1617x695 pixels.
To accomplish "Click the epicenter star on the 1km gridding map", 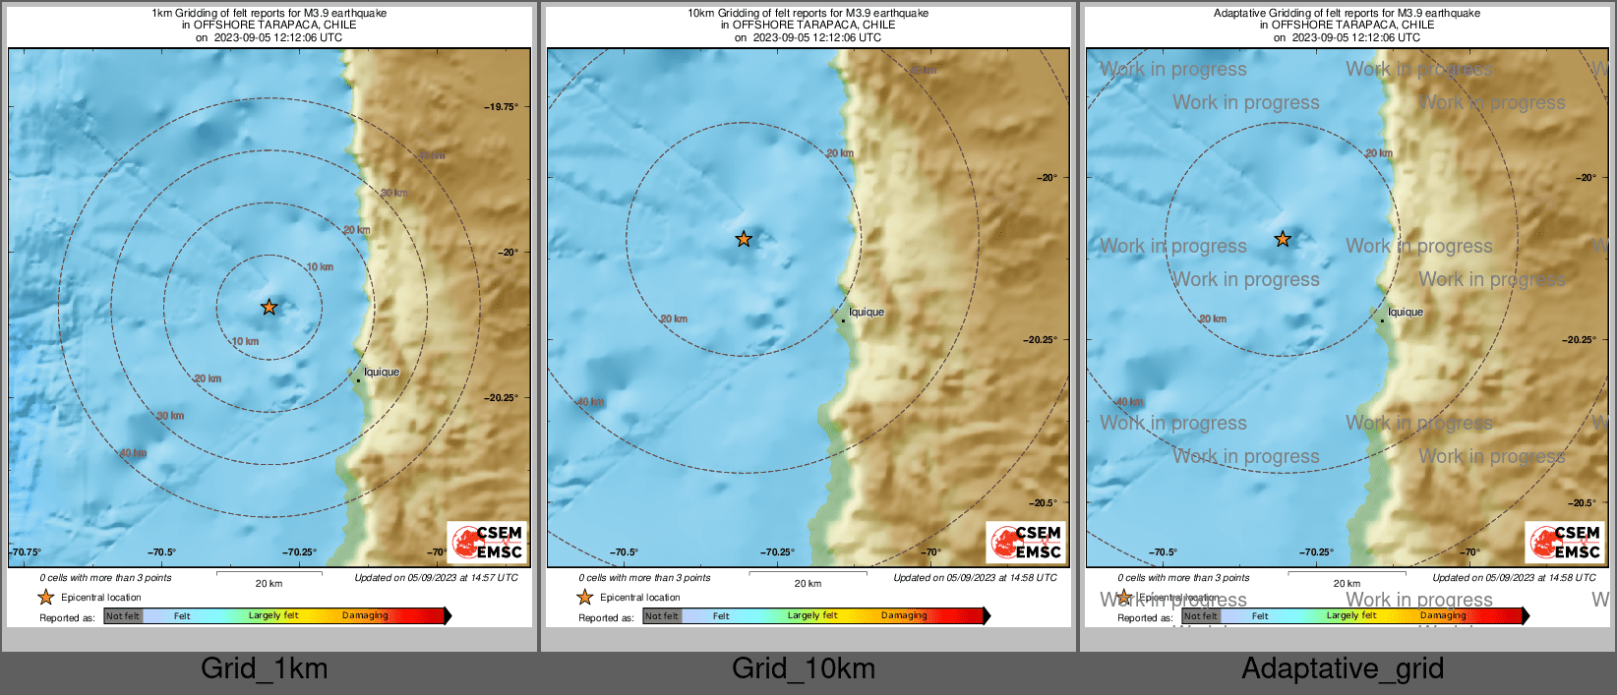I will (x=269, y=308).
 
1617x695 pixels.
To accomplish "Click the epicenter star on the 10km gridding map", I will (x=744, y=239).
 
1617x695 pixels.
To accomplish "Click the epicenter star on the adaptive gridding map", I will (x=1283, y=239).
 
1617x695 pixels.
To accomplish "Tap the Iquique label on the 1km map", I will (x=382, y=372).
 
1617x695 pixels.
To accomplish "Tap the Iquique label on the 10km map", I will (x=867, y=312).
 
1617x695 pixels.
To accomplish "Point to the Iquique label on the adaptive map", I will (x=1406, y=312).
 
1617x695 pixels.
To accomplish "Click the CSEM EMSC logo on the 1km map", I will (x=487, y=543).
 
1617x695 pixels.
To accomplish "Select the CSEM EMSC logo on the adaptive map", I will (x=1565, y=543).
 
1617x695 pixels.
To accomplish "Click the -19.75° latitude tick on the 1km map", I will (x=502, y=107).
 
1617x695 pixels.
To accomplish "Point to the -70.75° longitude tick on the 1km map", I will (x=27, y=552).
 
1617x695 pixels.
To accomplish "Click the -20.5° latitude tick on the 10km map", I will (x=1042, y=502).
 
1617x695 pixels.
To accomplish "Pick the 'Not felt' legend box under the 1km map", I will (x=123, y=616).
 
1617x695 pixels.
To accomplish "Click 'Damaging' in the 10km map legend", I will (x=904, y=616).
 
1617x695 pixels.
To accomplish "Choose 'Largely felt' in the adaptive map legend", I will (x=1351, y=616).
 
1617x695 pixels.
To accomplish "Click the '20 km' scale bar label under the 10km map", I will (x=808, y=584).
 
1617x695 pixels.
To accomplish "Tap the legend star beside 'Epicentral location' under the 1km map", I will (x=45, y=597).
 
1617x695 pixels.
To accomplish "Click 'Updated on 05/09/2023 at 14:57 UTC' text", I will (x=436, y=578).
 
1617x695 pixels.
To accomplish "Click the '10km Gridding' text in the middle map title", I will (x=723, y=13).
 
